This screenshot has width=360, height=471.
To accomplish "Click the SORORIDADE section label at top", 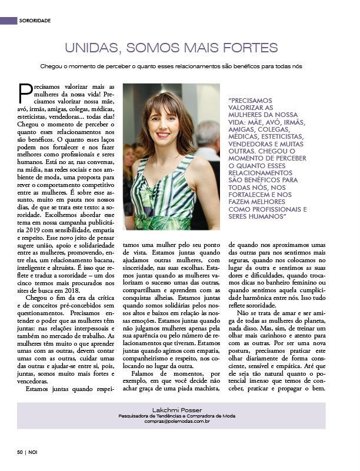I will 35,20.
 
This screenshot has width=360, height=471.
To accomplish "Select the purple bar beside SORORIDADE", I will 9,20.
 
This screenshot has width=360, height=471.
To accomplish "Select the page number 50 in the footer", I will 19,452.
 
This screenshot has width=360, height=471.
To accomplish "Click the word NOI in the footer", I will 33,452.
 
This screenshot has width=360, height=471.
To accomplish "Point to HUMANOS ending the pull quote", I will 268,216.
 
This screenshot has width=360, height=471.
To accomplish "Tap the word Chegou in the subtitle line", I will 51,66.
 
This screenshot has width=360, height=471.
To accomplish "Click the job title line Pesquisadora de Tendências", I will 176,416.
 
